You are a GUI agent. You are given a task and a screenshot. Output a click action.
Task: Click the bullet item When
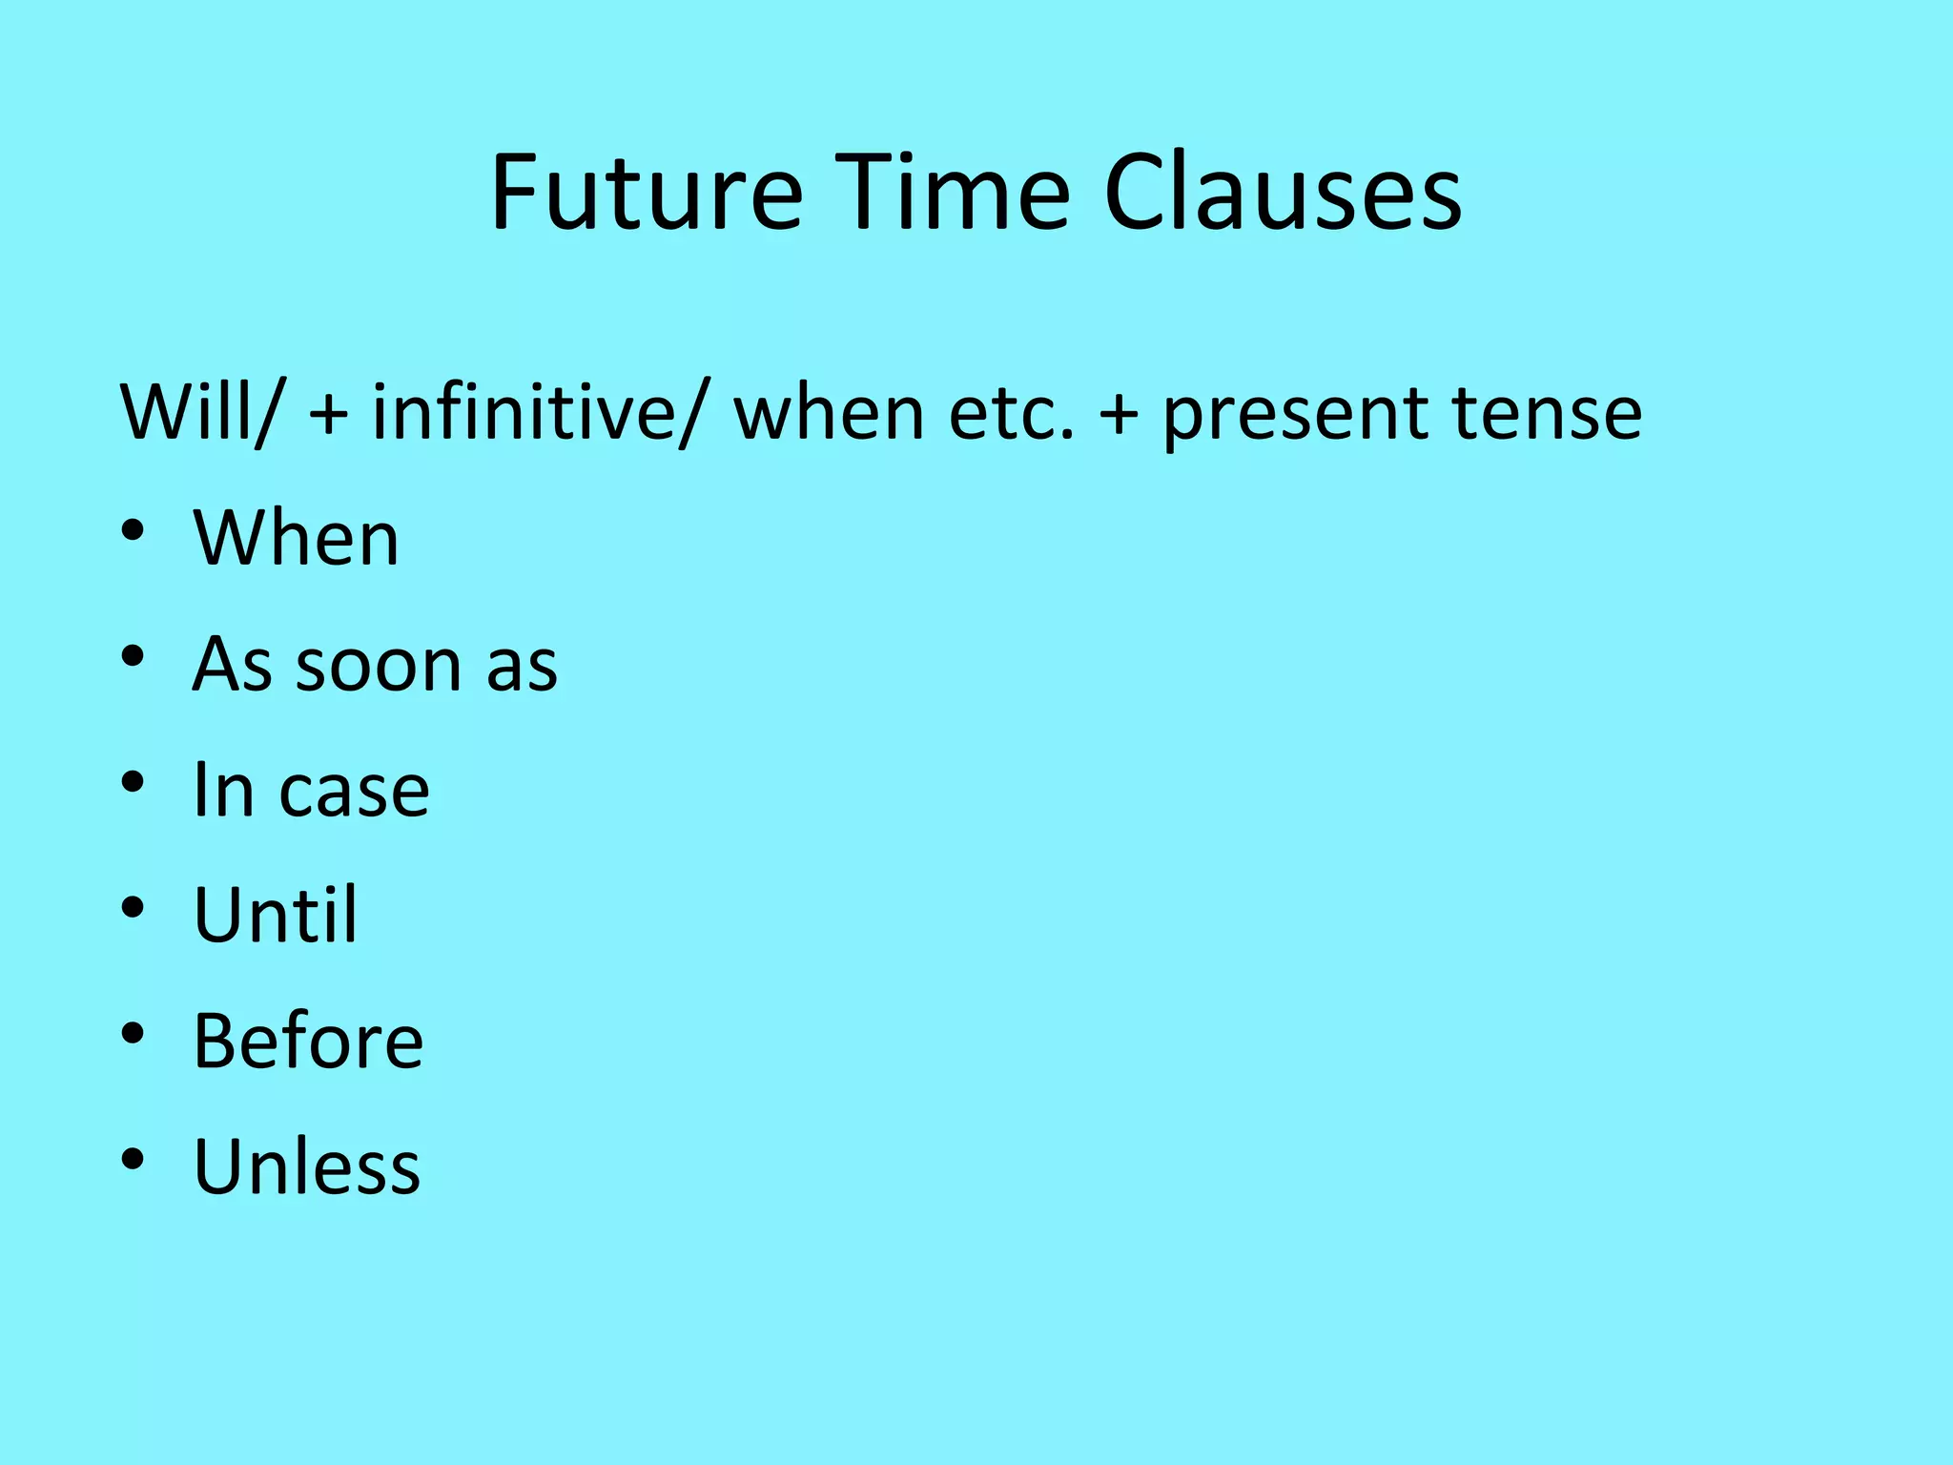296,539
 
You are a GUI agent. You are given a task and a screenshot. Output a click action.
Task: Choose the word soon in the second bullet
380,665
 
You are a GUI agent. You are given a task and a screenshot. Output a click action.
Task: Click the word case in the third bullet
354,791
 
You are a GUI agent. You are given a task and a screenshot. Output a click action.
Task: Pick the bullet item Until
275,916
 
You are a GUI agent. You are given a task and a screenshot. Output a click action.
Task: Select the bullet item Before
308,1041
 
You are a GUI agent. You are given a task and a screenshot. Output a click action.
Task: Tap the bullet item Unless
306,1166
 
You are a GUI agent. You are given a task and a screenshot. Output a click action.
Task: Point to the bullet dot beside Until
133,907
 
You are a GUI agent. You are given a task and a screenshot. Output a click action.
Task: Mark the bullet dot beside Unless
133,1159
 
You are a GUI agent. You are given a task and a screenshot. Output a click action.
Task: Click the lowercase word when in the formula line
829,413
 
